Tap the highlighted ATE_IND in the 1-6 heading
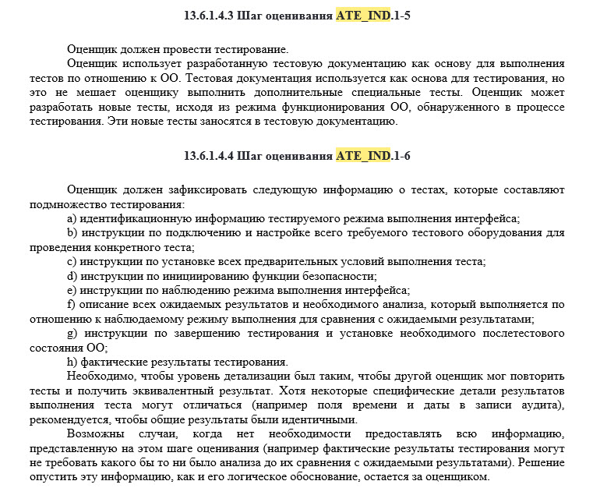363,156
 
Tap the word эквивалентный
205,391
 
